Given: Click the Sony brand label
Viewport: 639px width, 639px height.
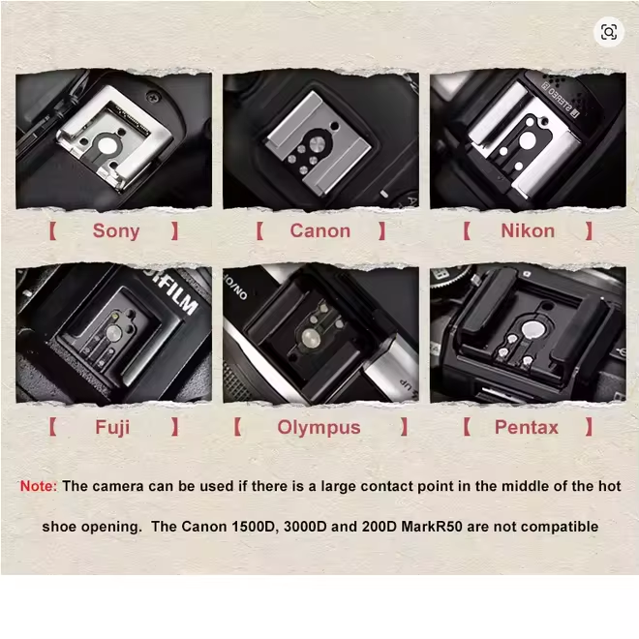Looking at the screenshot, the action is click(x=116, y=231).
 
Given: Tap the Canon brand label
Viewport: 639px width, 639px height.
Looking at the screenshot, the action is click(x=319, y=231).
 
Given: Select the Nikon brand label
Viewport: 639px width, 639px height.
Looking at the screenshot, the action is click(x=528, y=231).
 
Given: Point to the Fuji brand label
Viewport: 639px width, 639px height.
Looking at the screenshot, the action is click(x=112, y=428).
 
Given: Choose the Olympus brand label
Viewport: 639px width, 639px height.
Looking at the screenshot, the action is click(x=319, y=428).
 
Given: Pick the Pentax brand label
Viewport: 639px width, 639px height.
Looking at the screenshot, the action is click(x=526, y=428).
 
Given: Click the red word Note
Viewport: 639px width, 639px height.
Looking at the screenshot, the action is click(x=39, y=486).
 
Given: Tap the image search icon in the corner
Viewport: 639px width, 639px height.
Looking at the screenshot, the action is click(x=609, y=32).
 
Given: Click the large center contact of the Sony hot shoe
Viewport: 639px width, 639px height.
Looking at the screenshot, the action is click(x=106, y=145).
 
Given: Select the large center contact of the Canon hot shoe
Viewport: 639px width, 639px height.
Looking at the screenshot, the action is click(x=317, y=143).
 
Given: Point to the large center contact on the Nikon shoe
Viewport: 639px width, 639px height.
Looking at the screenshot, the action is click(x=528, y=139).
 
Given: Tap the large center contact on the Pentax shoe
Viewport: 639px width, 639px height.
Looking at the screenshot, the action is click(x=532, y=329).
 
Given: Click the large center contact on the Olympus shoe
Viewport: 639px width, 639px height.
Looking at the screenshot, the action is click(x=310, y=338).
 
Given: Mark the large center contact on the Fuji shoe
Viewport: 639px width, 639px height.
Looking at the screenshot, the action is click(x=113, y=332).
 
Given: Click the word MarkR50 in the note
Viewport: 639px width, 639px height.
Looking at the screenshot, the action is click(x=432, y=527).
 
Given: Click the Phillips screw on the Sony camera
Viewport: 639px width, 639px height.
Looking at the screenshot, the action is click(x=154, y=97).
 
